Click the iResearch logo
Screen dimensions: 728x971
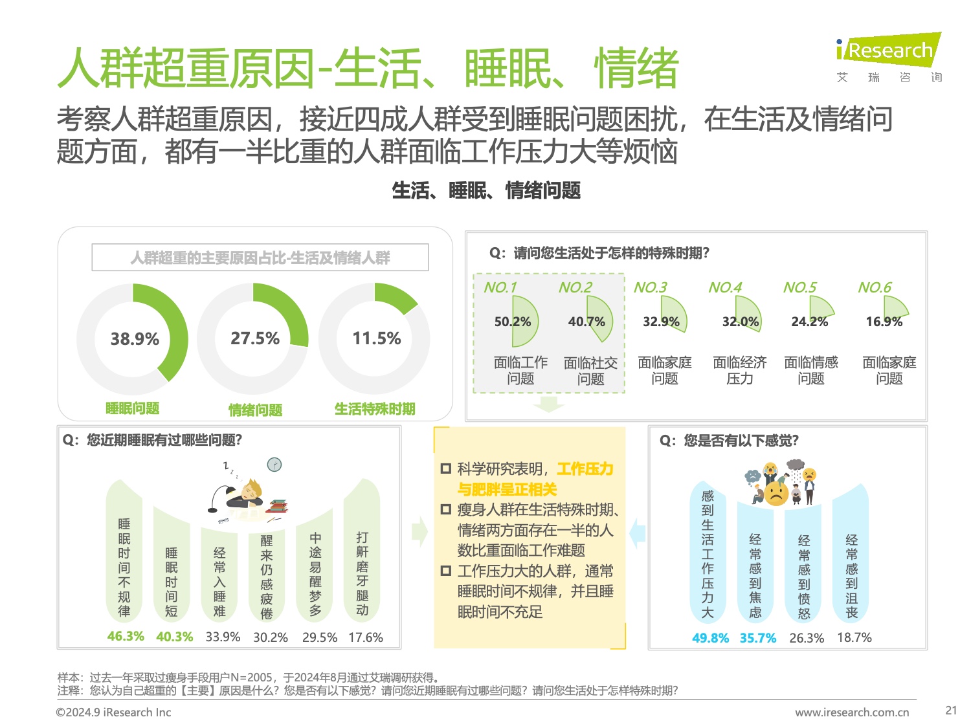click(888, 50)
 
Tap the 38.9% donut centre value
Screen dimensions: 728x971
click(135, 339)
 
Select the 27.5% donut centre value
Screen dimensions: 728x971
click(255, 338)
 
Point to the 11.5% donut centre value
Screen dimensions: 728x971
click(376, 338)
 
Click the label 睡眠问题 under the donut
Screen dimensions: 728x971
click(133, 408)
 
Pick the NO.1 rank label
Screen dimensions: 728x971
click(500, 287)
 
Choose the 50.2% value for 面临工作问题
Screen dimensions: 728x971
click(512, 322)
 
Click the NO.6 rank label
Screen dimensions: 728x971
click(875, 287)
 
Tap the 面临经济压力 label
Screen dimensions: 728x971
click(740, 370)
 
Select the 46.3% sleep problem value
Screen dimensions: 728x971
click(126, 636)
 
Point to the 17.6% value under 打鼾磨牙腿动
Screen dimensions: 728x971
click(366, 637)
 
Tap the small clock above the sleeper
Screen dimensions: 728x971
click(274, 465)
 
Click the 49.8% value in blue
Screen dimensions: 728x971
click(710, 638)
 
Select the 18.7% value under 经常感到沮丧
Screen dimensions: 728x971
click(854, 637)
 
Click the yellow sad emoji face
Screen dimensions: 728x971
click(776, 493)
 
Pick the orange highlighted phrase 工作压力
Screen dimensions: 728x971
click(585, 469)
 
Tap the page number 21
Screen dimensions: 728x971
click(951, 710)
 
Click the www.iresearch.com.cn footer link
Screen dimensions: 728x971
click(852, 712)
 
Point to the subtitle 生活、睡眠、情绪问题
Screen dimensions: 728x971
click(486, 191)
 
